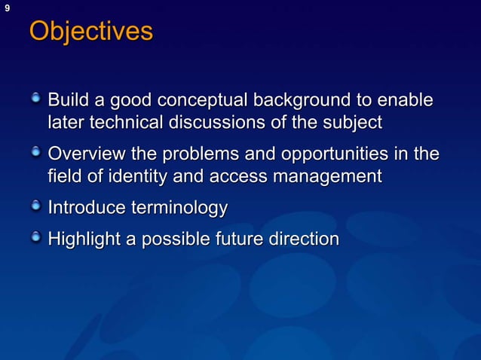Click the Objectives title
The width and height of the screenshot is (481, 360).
90,32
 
